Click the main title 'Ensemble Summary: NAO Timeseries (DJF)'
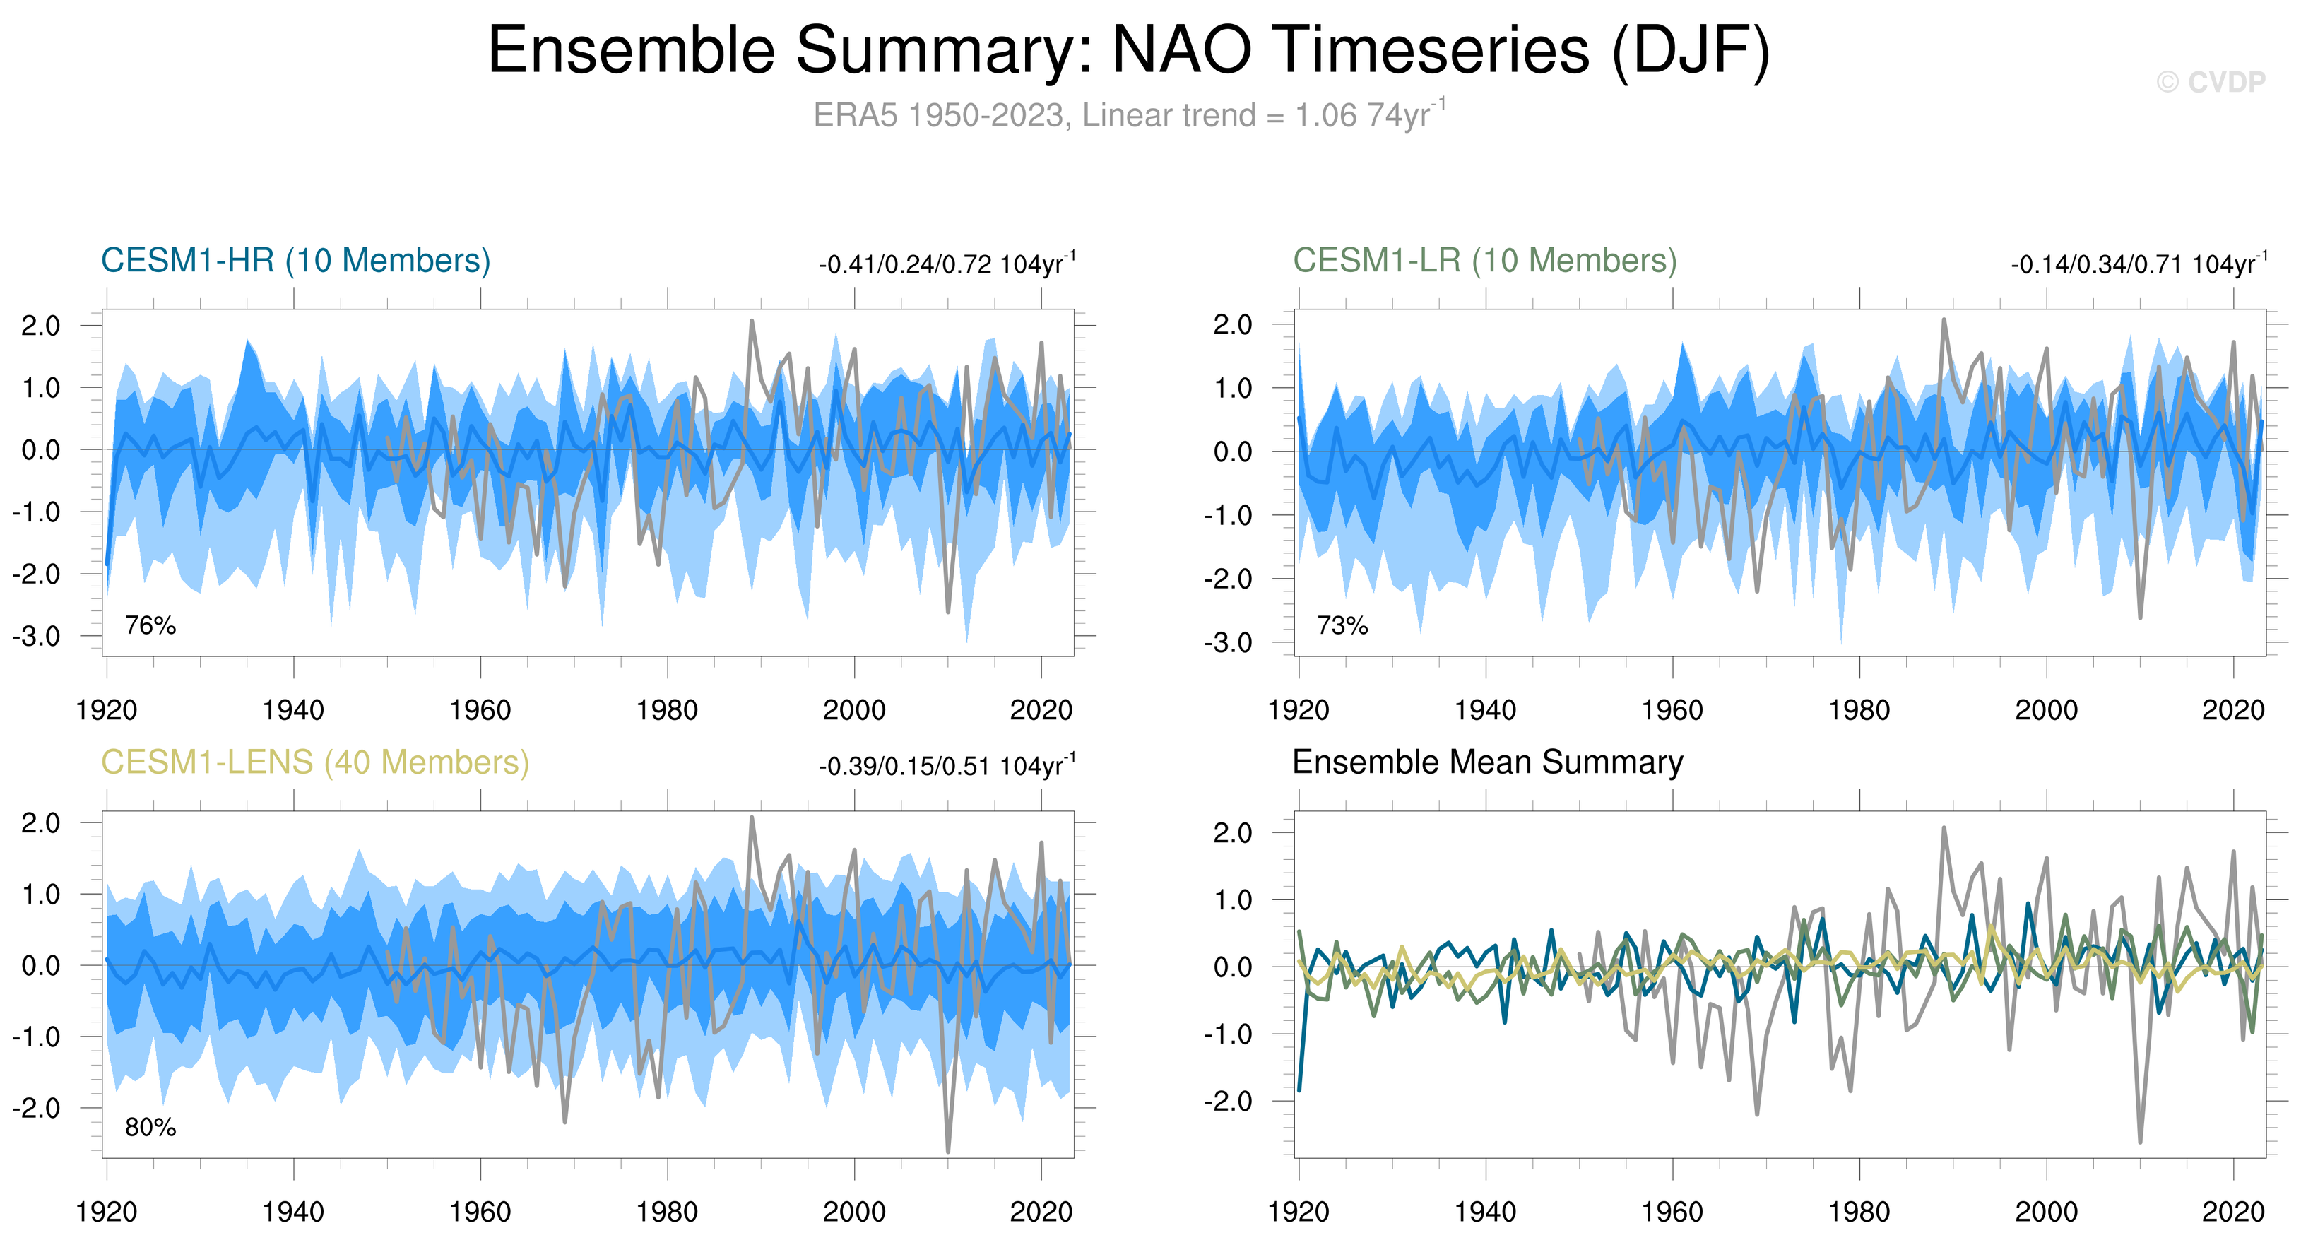pyautogui.click(x=1128, y=50)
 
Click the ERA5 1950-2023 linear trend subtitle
pyautogui.click(x=1128, y=115)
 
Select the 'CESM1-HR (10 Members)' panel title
pyautogui.click(x=296, y=261)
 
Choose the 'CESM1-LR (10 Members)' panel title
pyautogui.click(x=1484, y=261)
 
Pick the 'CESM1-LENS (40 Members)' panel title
pyautogui.click(x=314, y=762)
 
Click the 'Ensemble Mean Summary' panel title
pyautogui.click(x=1487, y=762)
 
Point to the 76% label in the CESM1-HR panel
pyautogui.click(x=150, y=625)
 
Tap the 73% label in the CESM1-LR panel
pyautogui.click(x=1342, y=625)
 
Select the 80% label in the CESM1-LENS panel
pyautogui.click(x=150, y=1127)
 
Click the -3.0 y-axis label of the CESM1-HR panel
pyautogui.click(x=37, y=637)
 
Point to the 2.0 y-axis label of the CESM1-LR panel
pyautogui.click(x=1233, y=325)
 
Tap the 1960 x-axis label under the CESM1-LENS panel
pyautogui.click(x=480, y=1212)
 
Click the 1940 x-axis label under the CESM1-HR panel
pyautogui.click(x=293, y=710)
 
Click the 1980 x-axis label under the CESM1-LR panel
pyautogui.click(x=1859, y=710)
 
